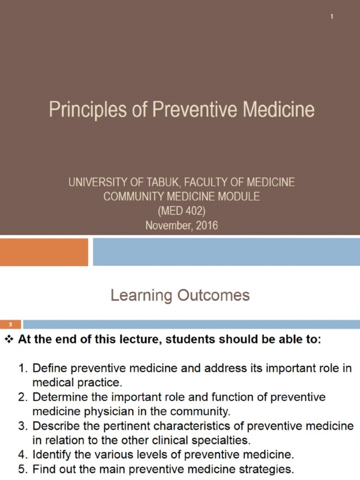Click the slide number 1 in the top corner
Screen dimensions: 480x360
tap(331, 17)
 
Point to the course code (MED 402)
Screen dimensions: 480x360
tap(181, 211)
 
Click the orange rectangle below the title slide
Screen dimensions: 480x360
tap(44, 252)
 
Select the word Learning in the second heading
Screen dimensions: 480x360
tap(142, 296)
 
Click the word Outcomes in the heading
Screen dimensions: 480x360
tap(214, 296)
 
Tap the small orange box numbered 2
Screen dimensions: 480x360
tap(10, 324)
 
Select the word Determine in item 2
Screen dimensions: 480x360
tap(57, 397)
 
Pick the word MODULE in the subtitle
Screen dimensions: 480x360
tap(236, 197)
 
